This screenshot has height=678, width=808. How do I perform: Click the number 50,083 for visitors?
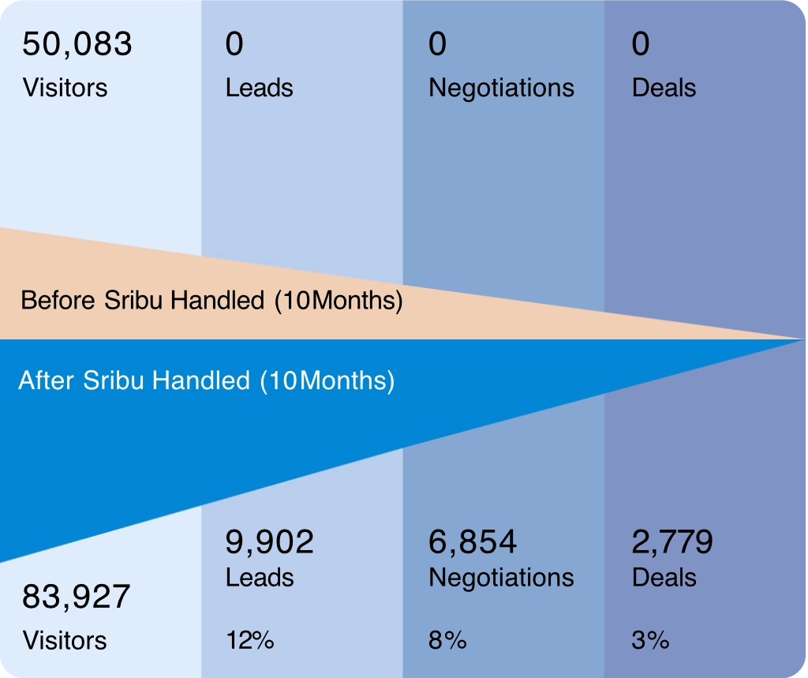coord(77,45)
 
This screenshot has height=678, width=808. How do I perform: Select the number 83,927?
coord(76,597)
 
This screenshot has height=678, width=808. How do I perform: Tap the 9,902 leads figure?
coord(270,542)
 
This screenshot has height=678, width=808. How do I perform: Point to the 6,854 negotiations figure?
coord(473,542)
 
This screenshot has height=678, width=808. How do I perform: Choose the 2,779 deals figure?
coord(672,542)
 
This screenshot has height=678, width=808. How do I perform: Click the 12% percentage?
coord(249,640)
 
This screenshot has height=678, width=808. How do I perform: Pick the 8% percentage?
coord(447,640)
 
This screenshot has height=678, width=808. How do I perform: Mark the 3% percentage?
coord(650,640)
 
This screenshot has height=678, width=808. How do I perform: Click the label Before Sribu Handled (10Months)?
coord(211,301)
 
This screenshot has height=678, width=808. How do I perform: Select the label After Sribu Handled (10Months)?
coord(206,381)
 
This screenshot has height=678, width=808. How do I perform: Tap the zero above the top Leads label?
coord(234,45)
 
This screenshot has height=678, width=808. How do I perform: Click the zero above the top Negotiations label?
coord(437,45)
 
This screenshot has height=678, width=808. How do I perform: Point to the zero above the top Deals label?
coord(641,45)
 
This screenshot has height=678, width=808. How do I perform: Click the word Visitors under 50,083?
coord(65,87)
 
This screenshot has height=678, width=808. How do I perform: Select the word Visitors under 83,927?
coord(65,639)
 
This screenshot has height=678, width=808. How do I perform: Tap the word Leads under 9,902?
coord(259,578)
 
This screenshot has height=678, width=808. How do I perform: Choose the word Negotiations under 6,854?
coord(501,578)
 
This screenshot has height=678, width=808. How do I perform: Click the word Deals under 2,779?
coord(664,578)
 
